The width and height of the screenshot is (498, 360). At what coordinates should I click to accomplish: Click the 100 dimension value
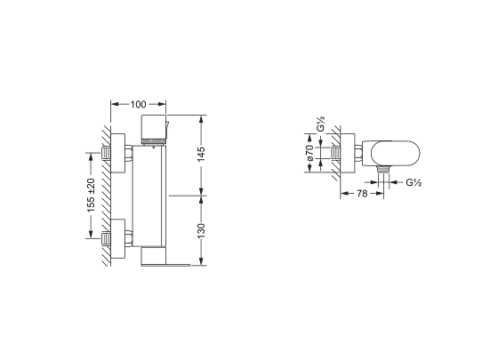(x=138, y=104)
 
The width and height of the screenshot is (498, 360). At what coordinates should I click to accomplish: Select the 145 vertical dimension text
(x=201, y=154)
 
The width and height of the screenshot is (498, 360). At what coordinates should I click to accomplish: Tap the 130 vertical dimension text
(x=201, y=231)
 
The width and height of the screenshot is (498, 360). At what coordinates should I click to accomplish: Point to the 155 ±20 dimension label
(x=91, y=196)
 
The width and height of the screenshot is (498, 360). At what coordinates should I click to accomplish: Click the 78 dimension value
(x=362, y=194)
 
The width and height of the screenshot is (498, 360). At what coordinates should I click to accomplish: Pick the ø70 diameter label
(x=310, y=153)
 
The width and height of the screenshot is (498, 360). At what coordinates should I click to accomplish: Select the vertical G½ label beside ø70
(x=321, y=124)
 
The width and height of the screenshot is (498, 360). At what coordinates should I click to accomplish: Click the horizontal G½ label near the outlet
(x=414, y=182)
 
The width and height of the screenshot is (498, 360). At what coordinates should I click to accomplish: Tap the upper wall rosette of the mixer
(x=117, y=153)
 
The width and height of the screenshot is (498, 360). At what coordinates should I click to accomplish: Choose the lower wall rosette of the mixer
(x=117, y=238)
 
